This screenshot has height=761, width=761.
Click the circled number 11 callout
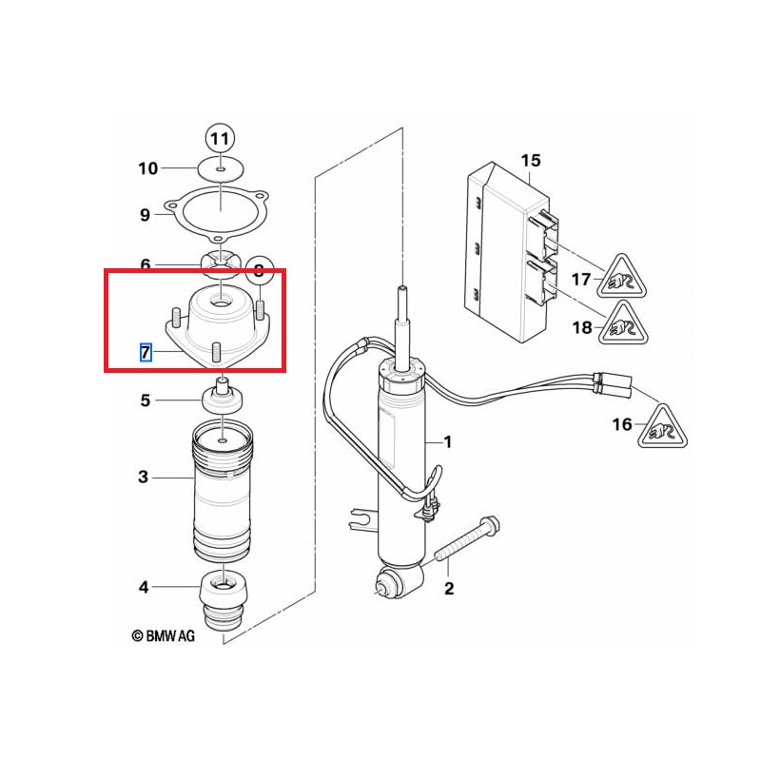tap(221, 139)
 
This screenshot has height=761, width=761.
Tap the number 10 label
tap(148, 168)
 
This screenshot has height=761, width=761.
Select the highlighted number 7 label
tap(146, 352)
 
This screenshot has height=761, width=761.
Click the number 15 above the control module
tap(531, 160)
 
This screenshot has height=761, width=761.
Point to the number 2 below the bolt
tap(449, 588)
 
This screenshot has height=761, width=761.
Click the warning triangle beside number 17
tap(621, 277)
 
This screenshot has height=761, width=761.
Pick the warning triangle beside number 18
tap(623, 324)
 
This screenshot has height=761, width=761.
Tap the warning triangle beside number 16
tap(662, 427)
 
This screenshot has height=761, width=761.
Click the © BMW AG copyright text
tap(163, 635)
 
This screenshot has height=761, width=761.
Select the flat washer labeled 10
tap(221, 169)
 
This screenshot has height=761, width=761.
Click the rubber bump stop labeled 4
tap(224, 601)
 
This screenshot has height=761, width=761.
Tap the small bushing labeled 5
tap(223, 396)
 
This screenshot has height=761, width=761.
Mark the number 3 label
tap(144, 477)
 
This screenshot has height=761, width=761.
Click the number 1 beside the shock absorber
tap(447, 441)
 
